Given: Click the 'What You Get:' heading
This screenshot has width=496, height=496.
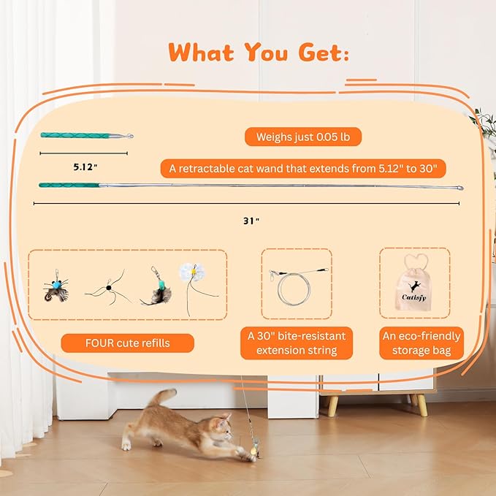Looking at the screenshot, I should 259,52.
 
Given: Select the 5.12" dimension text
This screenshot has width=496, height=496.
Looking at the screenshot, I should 85,167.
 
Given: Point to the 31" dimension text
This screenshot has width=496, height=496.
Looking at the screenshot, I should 251,220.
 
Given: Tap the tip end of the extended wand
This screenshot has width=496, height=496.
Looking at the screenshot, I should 459,188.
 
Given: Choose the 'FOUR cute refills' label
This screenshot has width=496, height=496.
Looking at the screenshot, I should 127,343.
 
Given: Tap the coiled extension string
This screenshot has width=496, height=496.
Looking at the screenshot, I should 294,284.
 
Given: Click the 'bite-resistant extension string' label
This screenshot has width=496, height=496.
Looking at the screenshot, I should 296,343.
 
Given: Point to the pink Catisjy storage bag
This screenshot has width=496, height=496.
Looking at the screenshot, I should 414,287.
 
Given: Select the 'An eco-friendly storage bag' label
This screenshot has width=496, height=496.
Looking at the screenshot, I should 421,343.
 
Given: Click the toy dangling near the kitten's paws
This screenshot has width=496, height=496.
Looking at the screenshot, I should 252,446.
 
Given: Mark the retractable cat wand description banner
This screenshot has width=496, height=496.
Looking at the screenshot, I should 303,169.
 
